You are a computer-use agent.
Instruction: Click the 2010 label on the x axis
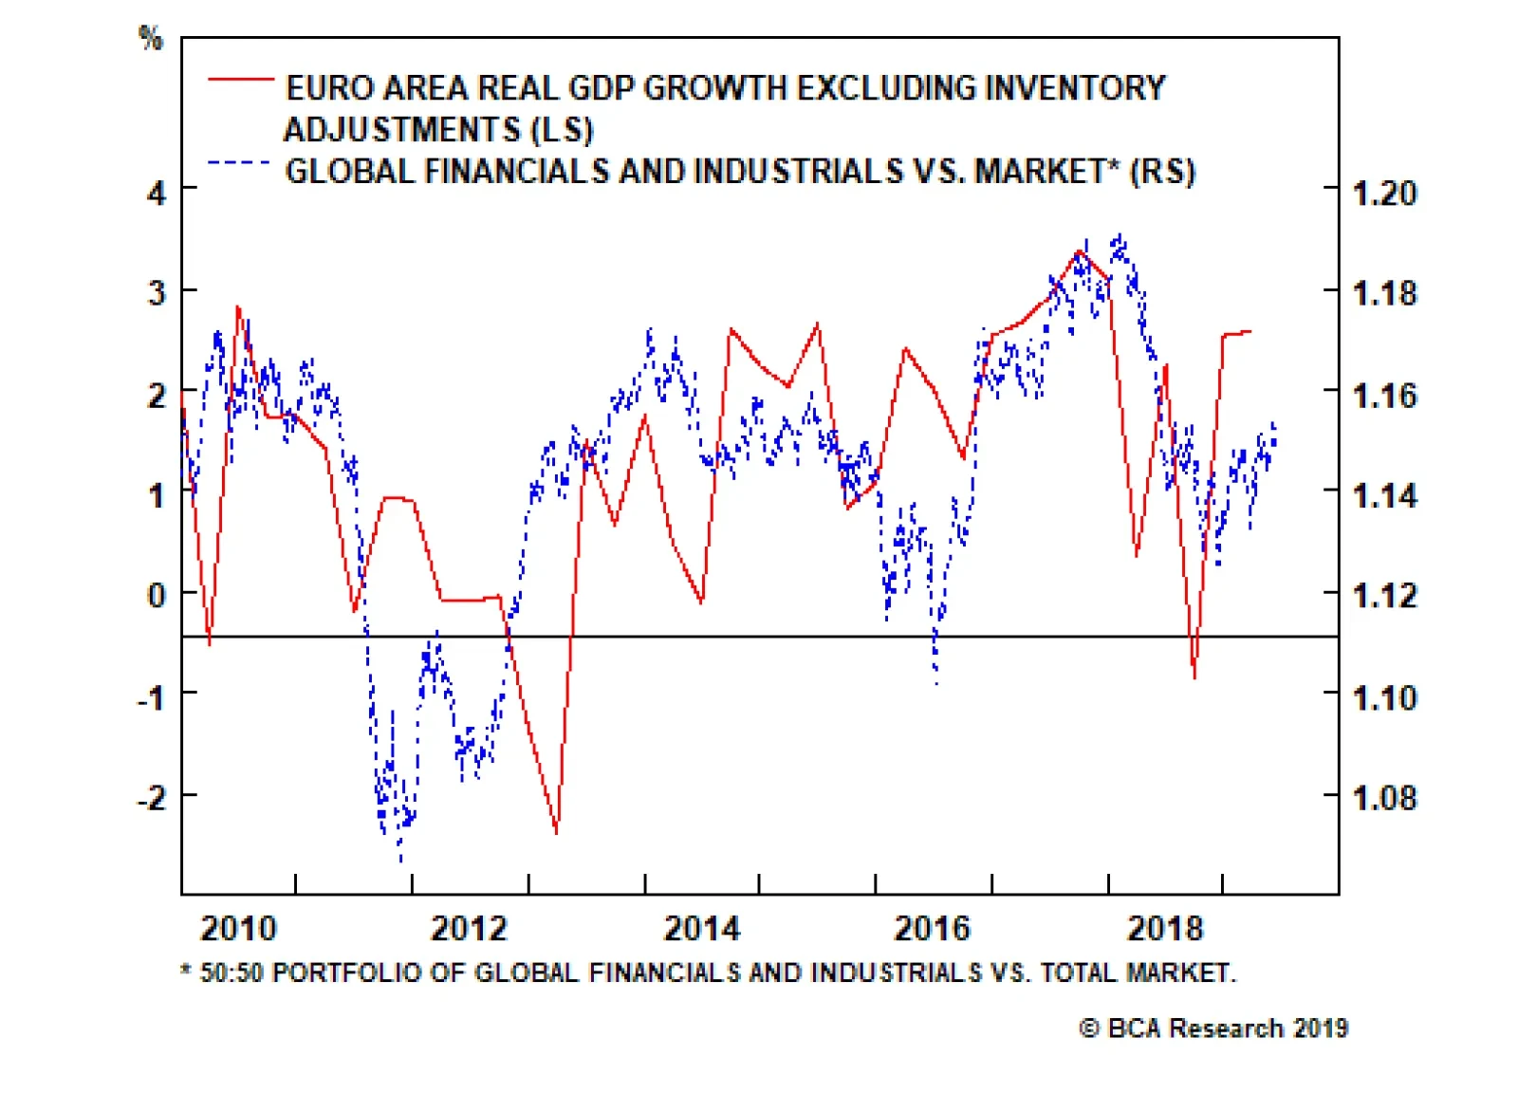(x=238, y=928)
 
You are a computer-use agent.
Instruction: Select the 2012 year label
(x=470, y=928)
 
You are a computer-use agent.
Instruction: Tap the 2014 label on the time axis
(x=702, y=928)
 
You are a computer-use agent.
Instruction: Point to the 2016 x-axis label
(x=933, y=928)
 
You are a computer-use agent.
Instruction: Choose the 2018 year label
(x=1165, y=928)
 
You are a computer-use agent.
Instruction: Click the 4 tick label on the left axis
(x=157, y=193)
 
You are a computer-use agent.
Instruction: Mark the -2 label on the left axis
(x=152, y=797)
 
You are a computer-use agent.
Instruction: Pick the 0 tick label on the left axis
(x=157, y=595)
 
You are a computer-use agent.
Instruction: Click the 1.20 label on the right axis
(x=1384, y=194)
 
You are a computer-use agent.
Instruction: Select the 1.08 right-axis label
(x=1384, y=798)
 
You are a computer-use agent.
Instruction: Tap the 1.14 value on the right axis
(x=1384, y=495)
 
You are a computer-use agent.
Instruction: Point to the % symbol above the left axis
(x=151, y=38)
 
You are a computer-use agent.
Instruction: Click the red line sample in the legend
(x=241, y=80)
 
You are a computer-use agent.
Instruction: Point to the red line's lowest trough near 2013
(x=556, y=833)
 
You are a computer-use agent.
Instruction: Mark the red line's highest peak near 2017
(x=1079, y=251)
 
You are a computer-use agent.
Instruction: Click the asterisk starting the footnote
(x=186, y=972)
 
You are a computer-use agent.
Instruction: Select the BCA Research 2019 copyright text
(x=1214, y=1028)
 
